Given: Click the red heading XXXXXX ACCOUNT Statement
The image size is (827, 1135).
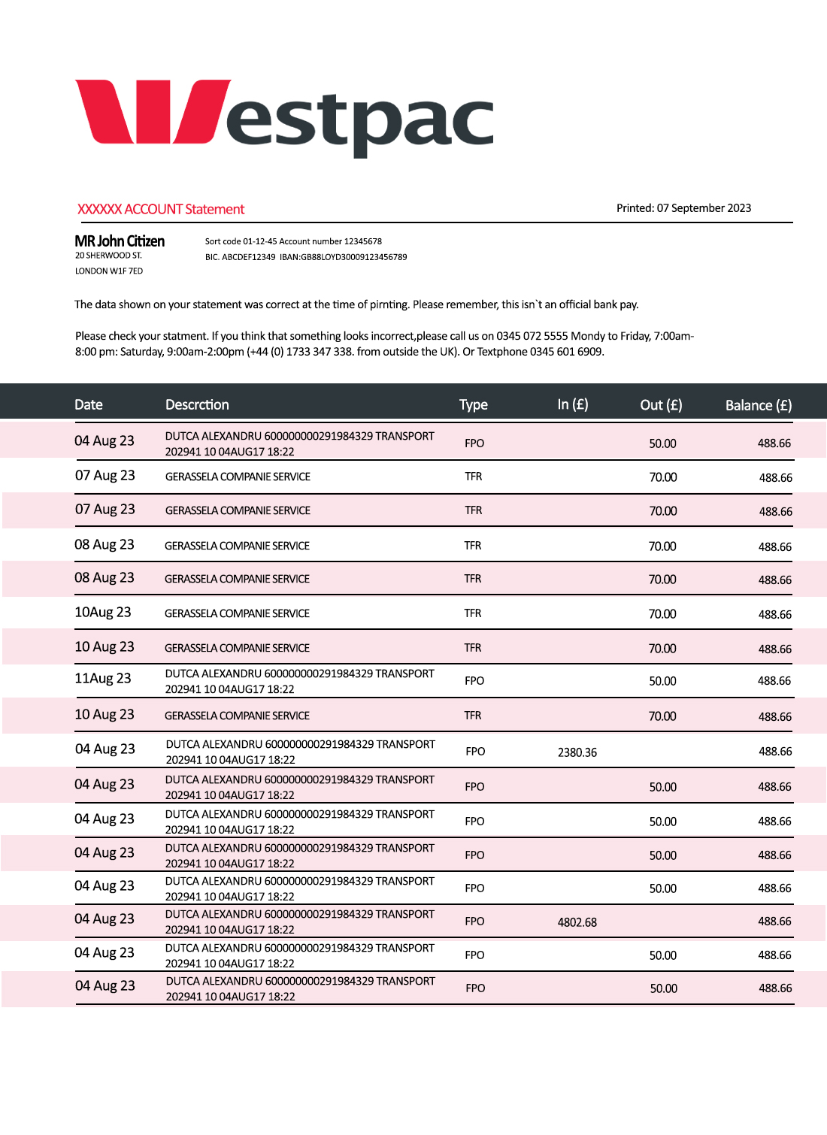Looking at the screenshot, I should [x=161, y=209].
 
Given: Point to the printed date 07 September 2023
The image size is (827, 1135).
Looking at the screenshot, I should [x=704, y=208].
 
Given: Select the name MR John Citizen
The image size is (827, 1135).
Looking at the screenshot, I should [x=120, y=241].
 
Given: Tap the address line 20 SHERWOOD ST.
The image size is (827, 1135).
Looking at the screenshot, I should [x=108, y=256].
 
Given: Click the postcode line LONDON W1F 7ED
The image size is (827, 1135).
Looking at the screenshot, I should [x=108, y=271].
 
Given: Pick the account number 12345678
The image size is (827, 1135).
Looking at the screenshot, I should [x=362, y=241].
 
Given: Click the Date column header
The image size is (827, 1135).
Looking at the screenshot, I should [x=89, y=404].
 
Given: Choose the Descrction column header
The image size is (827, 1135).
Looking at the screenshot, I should [x=197, y=404].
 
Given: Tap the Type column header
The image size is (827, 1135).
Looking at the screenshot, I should [x=474, y=404].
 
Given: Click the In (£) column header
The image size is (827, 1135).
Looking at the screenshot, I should [x=573, y=404].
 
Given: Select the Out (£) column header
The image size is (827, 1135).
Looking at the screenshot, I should [x=661, y=405].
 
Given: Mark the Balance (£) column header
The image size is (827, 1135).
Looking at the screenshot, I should [x=758, y=405].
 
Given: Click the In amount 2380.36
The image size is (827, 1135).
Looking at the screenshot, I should [x=577, y=752].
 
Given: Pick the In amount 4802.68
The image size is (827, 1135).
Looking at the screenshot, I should [x=577, y=922].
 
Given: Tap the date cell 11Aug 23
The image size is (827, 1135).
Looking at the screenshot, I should [x=103, y=679].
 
